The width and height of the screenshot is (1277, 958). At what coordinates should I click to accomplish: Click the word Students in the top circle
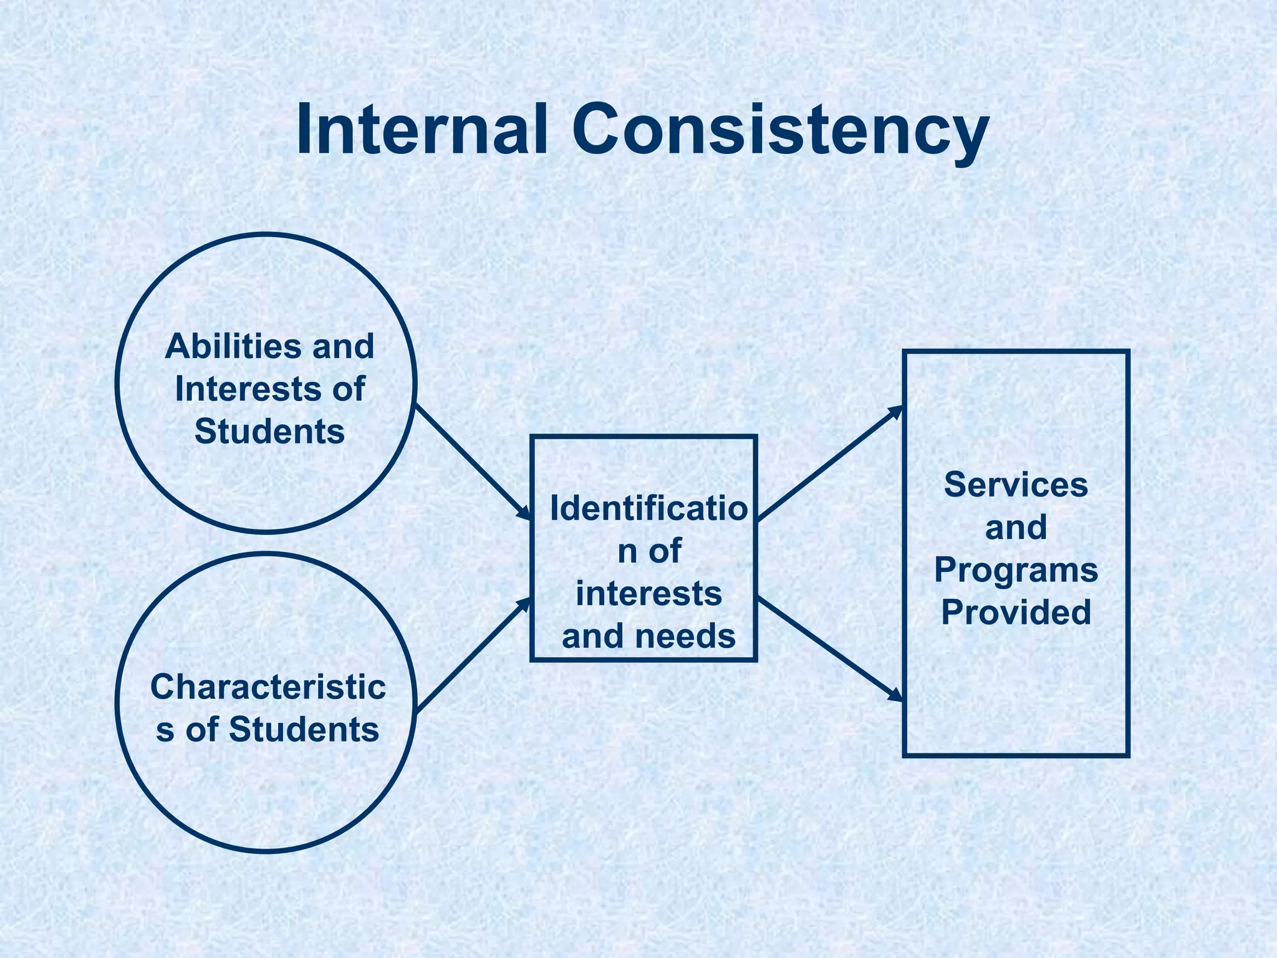point(269,431)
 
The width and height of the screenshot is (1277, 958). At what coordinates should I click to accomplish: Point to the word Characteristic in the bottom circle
point(268,687)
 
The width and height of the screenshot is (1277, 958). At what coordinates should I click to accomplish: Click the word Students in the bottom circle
point(304,729)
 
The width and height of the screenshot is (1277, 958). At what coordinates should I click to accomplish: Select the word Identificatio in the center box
point(648,509)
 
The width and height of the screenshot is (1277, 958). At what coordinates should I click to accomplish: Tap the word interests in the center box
point(648,593)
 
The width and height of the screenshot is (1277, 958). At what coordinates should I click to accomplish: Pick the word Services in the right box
point(1016,485)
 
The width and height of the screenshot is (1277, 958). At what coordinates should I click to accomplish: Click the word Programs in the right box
point(1016,569)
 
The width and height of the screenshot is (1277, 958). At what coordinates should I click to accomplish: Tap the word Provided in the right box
point(1016,612)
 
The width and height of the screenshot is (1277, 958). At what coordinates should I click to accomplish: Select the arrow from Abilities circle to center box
point(473,462)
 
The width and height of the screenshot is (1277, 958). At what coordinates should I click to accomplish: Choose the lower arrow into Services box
point(829,649)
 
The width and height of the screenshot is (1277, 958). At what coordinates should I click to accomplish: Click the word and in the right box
point(1016,528)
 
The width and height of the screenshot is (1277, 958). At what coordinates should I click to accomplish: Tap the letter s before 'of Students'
point(165,730)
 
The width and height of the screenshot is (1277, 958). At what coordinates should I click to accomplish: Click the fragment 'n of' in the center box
point(648,551)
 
